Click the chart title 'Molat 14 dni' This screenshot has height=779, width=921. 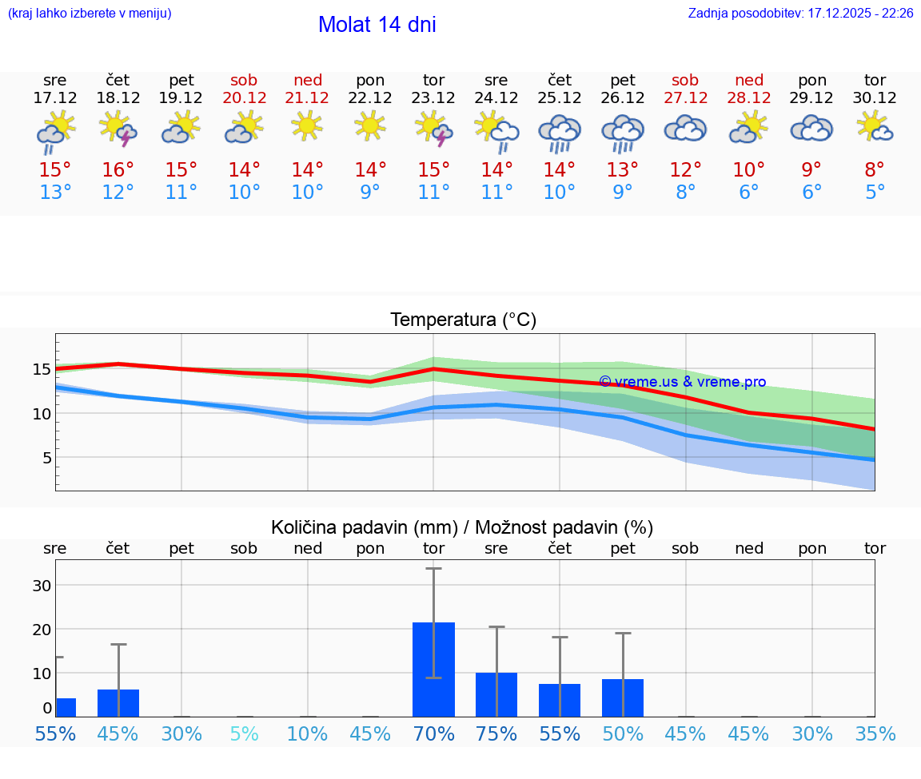point(377,25)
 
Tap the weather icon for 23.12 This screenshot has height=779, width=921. point(433,129)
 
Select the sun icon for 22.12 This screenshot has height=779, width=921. point(370,126)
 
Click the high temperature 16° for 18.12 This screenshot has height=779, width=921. point(118,170)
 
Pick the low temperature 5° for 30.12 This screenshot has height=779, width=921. point(875,193)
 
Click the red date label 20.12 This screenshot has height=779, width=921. point(244,97)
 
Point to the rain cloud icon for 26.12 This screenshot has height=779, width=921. point(623,133)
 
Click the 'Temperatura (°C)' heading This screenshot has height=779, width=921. point(463,320)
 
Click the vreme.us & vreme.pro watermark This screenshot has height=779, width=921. point(682,382)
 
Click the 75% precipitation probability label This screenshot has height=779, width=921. point(496,733)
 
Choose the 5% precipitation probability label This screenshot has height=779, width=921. point(244,733)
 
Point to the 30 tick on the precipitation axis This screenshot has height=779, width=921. point(42,585)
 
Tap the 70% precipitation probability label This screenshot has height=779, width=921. point(433,733)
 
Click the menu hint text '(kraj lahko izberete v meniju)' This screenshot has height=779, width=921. point(90,14)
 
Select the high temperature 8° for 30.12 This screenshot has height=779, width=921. point(875,170)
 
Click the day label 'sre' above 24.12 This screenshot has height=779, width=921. point(496,80)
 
